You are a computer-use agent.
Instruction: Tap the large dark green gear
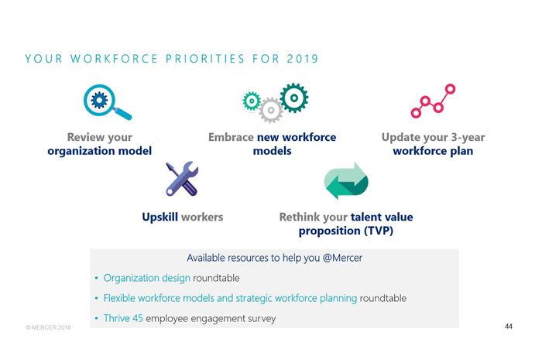(293, 98)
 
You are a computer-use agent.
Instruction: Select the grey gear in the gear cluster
(271, 110)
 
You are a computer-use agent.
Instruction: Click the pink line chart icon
(433, 101)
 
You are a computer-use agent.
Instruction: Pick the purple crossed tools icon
(182, 179)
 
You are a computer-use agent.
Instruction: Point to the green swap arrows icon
(346, 180)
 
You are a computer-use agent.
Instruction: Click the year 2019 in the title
(303, 58)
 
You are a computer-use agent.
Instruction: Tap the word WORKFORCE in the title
(114, 58)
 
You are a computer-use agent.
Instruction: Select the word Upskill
(160, 218)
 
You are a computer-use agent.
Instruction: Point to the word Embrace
(231, 137)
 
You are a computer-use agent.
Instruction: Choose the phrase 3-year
(468, 138)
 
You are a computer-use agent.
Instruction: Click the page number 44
(509, 327)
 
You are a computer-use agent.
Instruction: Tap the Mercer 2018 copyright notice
(48, 327)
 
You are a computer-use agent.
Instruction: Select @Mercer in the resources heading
(342, 258)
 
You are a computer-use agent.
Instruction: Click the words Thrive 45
(123, 318)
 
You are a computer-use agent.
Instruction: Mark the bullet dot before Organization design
(97, 278)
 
